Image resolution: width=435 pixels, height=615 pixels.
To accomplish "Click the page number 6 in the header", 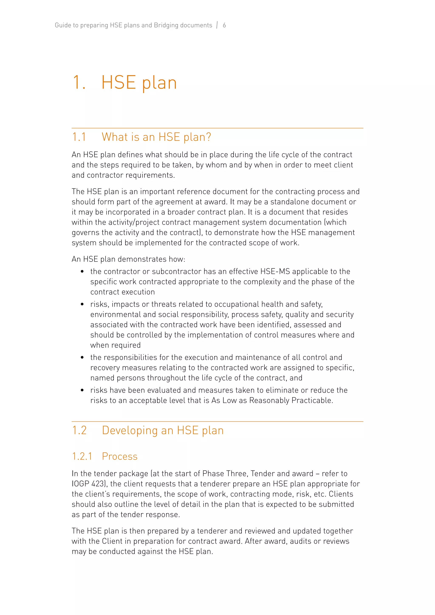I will point(224,25).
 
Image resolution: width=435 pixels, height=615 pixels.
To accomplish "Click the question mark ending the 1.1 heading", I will point(208,137).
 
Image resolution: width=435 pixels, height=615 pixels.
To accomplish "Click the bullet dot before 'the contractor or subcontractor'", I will point(82,272).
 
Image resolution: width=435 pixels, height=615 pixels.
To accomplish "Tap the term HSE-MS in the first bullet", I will point(275,272).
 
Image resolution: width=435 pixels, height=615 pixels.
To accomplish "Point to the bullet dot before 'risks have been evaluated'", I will point(82,390).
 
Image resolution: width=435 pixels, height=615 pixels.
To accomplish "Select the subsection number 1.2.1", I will point(82,456).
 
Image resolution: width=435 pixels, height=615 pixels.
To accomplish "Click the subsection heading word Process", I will point(120,456).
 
